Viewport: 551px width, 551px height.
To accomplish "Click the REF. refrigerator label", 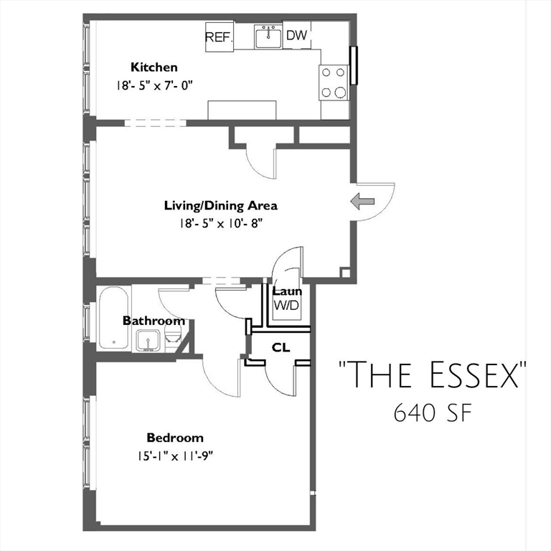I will pyautogui.click(x=219, y=37).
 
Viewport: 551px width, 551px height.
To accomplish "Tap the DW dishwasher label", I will pyautogui.click(x=296, y=34).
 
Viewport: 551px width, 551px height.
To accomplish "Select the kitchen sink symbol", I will pyautogui.click(x=269, y=37).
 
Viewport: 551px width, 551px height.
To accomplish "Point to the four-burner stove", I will pyautogui.click(x=334, y=82).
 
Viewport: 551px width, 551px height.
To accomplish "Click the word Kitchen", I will pyautogui.click(x=154, y=67).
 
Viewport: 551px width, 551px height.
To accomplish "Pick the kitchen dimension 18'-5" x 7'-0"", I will pyautogui.click(x=155, y=85).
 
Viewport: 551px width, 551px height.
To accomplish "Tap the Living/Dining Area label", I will pyautogui.click(x=220, y=206).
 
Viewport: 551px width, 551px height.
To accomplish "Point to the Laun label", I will pyautogui.click(x=286, y=291).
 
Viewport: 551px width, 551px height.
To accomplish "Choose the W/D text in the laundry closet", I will pyautogui.click(x=286, y=305).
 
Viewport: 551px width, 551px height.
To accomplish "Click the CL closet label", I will pyautogui.click(x=281, y=347).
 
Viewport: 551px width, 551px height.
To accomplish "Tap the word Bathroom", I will pyautogui.click(x=153, y=321).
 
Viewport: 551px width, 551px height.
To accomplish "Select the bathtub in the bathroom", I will pyautogui.click(x=114, y=317).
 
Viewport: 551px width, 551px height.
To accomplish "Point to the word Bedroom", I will pyautogui.click(x=175, y=438).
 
